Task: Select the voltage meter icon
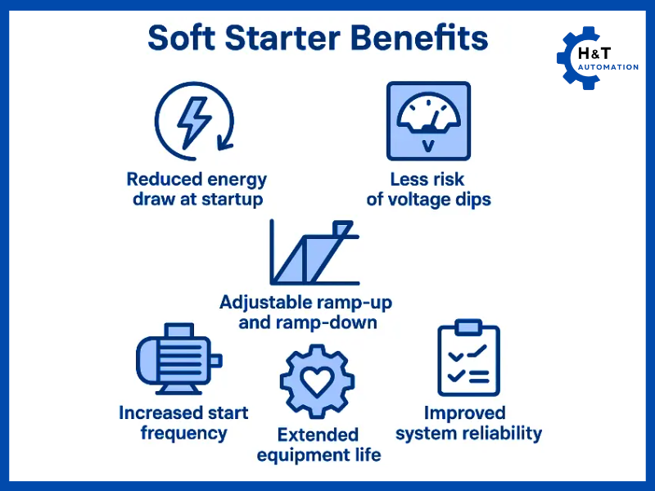[428, 120]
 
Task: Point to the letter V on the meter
[428, 146]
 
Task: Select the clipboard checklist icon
[468, 359]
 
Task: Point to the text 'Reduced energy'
[196, 179]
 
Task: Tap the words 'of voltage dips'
[428, 200]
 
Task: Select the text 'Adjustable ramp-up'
[305, 302]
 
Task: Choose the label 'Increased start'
[183, 412]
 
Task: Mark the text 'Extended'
[318, 434]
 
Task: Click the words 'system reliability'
[468, 434]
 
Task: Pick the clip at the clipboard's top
[468, 327]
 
